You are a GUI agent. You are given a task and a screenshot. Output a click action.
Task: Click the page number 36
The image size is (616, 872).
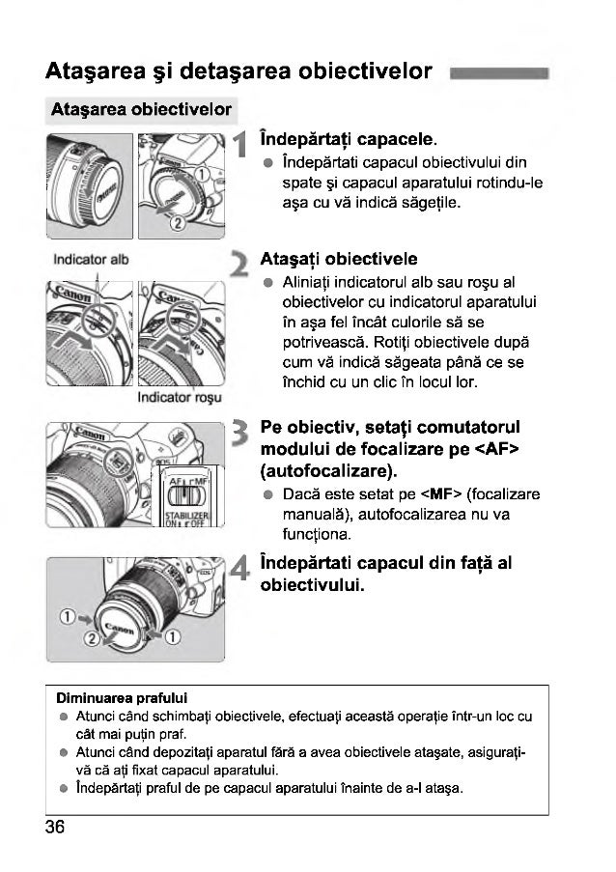54,827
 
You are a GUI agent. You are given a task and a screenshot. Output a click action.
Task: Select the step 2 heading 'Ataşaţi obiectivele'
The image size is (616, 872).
339,259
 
